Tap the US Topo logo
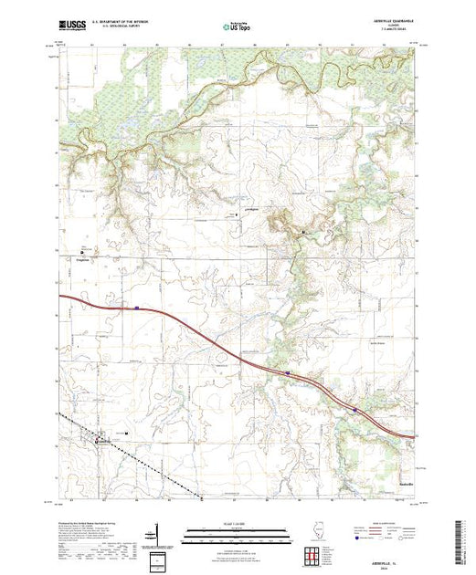[x=238, y=27]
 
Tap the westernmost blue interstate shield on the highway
[x=135, y=308]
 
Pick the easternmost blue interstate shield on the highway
[x=354, y=410]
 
